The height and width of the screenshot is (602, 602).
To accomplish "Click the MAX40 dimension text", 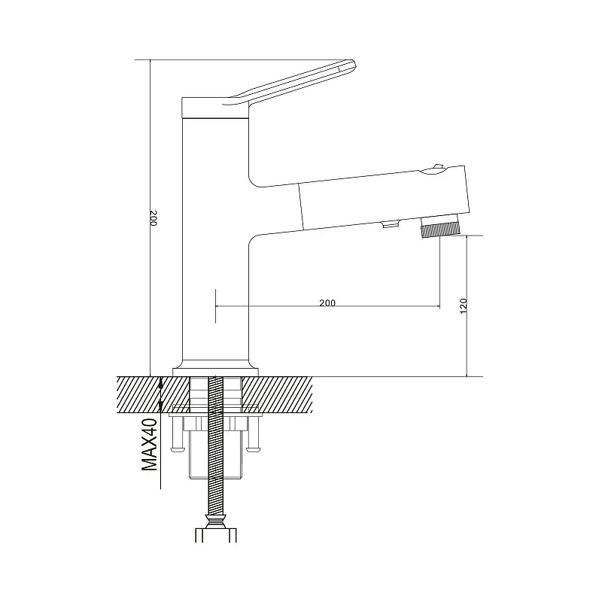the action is click(x=150, y=445).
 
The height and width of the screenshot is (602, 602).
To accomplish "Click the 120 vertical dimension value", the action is click(x=464, y=306).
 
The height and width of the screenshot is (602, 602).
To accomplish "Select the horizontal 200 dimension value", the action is click(x=327, y=303).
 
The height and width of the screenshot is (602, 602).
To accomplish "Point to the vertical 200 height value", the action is click(x=154, y=217).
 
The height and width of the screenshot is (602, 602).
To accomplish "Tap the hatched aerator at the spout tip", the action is click(x=440, y=232).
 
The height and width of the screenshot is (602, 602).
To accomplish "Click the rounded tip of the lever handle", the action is click(x=353, y=66).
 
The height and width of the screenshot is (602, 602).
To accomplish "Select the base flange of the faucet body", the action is click(x=215, y=372).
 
